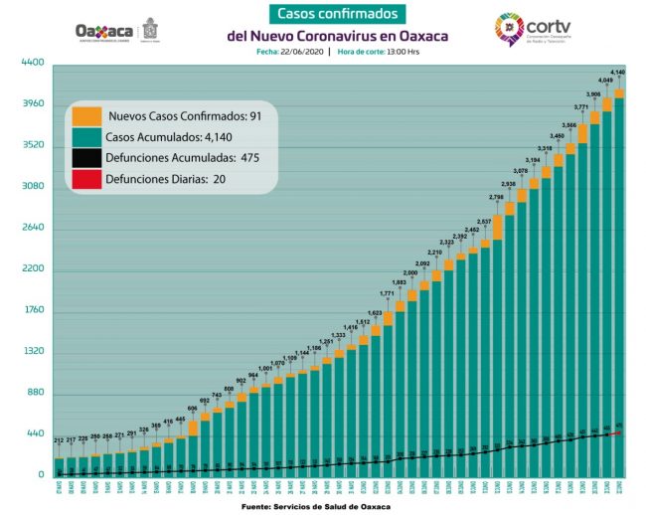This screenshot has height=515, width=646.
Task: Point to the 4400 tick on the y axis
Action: coord(33,63)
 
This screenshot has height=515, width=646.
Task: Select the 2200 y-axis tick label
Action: coord(33,269)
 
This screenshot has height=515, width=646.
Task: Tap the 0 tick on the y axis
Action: coord(40,475)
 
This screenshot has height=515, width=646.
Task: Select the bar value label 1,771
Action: coord(388,293)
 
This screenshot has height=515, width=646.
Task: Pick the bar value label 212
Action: coord(61,440)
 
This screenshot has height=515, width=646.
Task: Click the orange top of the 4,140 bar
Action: coord(618,94)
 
